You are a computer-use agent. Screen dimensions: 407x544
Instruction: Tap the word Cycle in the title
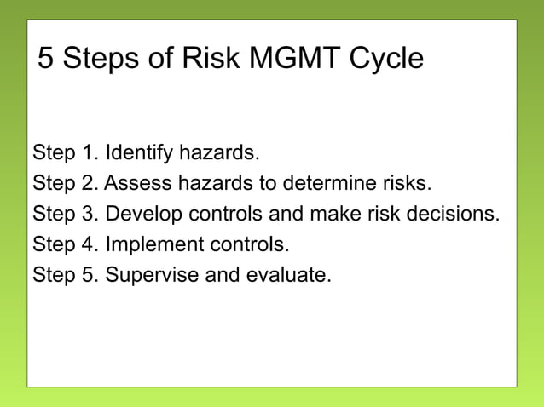[386, 60]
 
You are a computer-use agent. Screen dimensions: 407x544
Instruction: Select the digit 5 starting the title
[46, 60]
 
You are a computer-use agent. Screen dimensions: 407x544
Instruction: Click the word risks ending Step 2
[408, 183]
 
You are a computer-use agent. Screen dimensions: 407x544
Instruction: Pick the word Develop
[138, 214]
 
